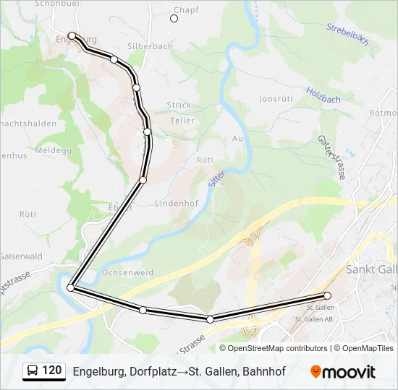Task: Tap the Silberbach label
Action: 150,46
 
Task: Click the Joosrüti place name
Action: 274,99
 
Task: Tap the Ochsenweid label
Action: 128,273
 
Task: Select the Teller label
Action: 182,121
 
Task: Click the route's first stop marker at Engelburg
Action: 72,35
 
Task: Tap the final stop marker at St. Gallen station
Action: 327,295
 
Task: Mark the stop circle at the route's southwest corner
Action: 70,287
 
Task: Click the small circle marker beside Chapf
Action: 174,18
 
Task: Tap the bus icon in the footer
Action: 32,371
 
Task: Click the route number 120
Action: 52,370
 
